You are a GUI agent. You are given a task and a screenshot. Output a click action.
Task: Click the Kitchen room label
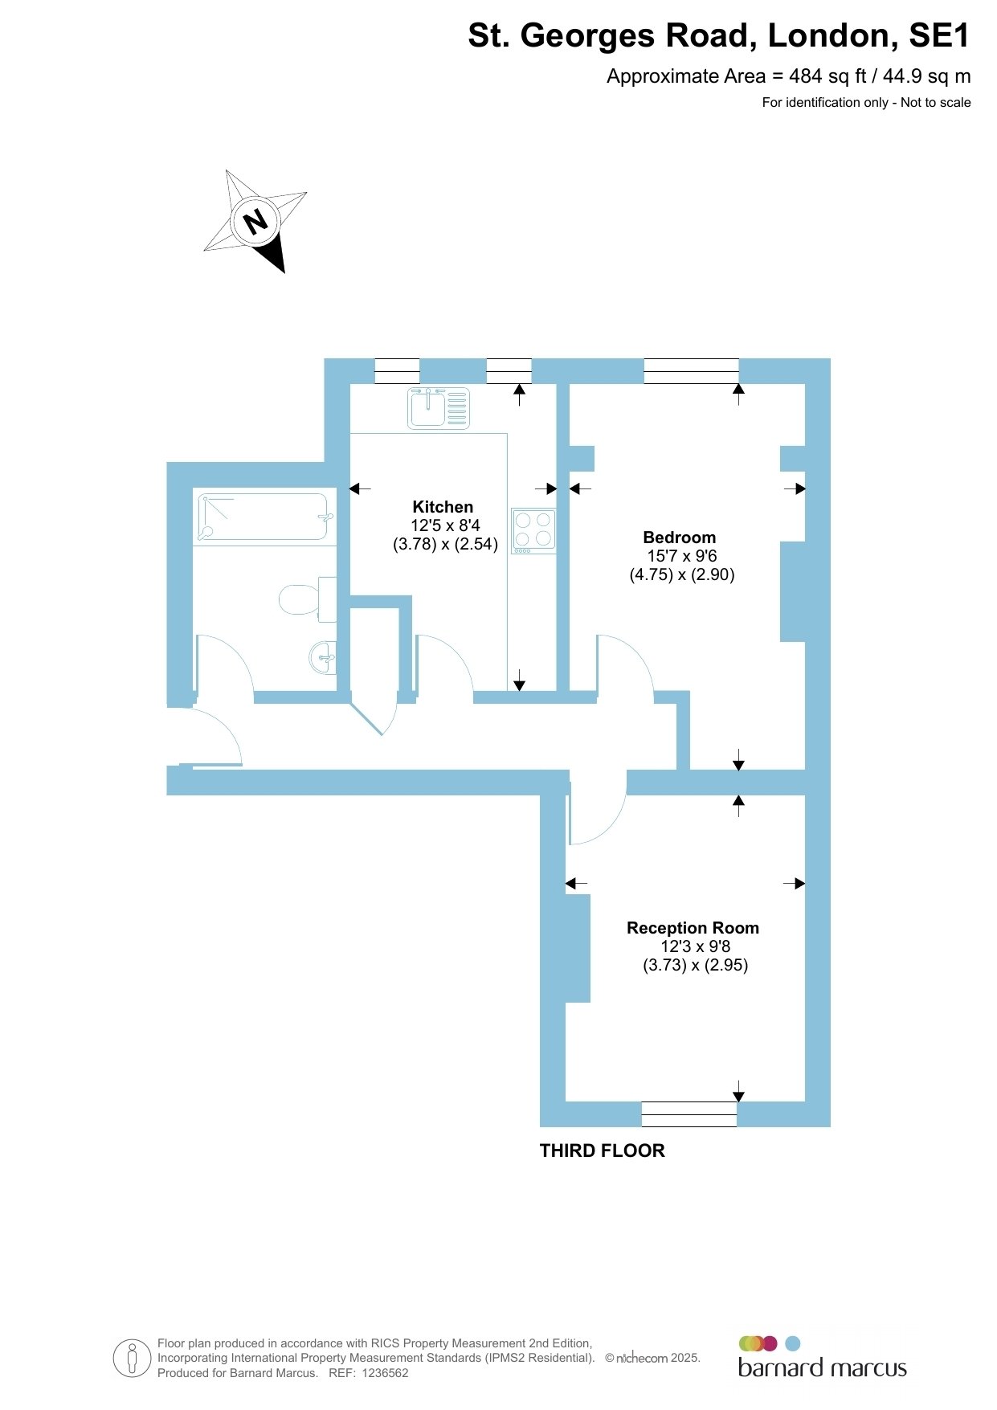(443, 507)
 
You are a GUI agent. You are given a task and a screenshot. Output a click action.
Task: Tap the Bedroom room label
(679, 537)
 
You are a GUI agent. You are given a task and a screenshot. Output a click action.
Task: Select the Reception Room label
(693, 928)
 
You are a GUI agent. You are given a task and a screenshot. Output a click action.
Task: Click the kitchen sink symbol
(439, 407)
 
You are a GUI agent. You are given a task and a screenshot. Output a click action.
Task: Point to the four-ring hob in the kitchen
(533, 531)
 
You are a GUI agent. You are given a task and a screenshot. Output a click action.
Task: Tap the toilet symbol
(308, 599)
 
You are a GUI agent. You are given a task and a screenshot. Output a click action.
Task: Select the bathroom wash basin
(323, 658)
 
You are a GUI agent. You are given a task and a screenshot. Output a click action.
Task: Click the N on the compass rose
(255, 221)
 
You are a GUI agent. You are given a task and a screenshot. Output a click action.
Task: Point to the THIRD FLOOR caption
(603, 1150)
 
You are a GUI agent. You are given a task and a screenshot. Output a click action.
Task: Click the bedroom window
(691, 371)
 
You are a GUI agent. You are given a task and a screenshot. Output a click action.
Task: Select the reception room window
(689, 1114)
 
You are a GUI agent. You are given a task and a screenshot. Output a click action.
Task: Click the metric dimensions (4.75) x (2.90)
(682, 574)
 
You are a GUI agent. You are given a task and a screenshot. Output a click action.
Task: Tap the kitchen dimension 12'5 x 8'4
(445, 525)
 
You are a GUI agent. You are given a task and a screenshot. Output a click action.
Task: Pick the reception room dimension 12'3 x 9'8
(696, 946)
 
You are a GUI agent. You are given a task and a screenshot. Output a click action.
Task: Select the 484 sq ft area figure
(828, 76)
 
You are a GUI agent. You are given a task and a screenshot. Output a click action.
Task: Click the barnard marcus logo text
(823, 1368)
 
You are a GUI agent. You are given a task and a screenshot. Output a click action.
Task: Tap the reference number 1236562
(386, 1373)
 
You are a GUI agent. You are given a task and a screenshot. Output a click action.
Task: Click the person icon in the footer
(133, 1359)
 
